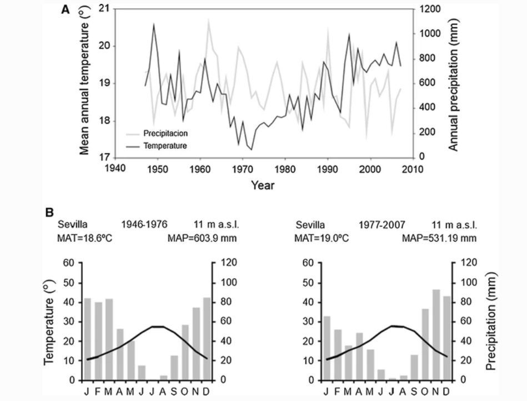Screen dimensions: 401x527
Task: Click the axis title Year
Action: [x=262, y=185]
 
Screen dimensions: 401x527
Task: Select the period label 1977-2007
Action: [x=383, y=225]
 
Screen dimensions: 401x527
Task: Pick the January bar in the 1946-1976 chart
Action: [x=87, y=339]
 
